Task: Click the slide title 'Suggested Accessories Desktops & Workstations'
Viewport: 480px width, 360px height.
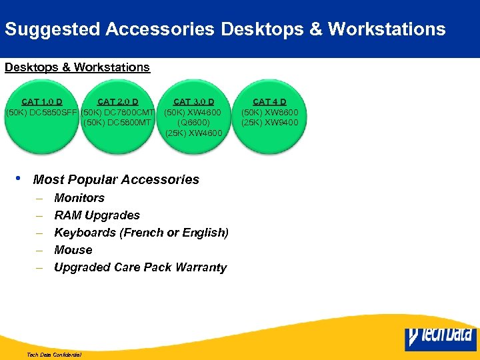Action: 225,29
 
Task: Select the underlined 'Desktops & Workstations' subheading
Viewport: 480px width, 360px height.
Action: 77,67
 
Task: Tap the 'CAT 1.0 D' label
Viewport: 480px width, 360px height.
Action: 42,101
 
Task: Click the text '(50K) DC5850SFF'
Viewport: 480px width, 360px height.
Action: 41,112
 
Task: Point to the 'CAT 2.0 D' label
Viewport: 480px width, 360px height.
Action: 117,101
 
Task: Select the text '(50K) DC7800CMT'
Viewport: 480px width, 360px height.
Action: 118,112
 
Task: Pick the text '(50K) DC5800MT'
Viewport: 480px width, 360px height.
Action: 118,123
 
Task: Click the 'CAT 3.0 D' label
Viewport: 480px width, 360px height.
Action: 193,101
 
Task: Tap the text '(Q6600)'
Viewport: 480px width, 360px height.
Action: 193,123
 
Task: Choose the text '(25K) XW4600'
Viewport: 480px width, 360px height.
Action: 193,133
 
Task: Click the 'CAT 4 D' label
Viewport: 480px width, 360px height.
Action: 269,101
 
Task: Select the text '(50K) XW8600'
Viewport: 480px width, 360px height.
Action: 269,112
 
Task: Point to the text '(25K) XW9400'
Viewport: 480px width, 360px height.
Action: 269,123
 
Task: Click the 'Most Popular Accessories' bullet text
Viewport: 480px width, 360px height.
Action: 116,179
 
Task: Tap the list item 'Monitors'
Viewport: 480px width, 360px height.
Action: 79,198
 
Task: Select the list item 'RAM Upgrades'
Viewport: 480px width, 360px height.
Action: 97,215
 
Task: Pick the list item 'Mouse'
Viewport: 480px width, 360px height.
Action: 73,250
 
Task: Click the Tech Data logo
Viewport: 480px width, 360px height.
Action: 440,337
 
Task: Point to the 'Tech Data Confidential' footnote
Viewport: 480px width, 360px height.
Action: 53,355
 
